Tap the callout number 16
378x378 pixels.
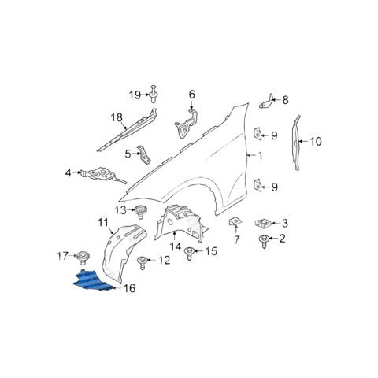(x=129, y=288)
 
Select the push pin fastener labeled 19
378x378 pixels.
(x=153, y=94)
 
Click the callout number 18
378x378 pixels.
(x=117, y=117)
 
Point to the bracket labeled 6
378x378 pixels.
(x=187, y=123)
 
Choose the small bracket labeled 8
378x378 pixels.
(x=266, y=102)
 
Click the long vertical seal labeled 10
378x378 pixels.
(x=297, y=143)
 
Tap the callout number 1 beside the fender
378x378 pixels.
(x=260, y=156)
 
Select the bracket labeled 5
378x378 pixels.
(x=145, y=154)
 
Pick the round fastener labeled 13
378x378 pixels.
(x=141, y=211)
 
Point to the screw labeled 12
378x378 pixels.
(x=142, y=263)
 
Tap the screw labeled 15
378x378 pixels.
(x=189, y=254)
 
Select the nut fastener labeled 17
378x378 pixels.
(x=83, y=258)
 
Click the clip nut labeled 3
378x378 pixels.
(x=262, y=223)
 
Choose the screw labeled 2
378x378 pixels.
(x=264, y=242)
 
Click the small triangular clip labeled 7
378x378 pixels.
(x=235, y=222)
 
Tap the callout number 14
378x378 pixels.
(x=176, y=246)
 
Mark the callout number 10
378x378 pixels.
(x=316, y=142)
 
